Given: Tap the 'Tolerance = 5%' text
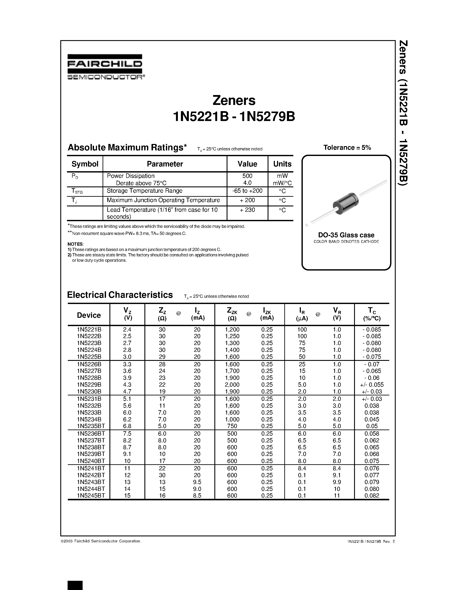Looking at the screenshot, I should [347, 148].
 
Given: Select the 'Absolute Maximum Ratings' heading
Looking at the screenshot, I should [127, 148].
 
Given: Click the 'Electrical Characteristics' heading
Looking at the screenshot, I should [120, 295].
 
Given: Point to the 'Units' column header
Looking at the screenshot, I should [282, 164].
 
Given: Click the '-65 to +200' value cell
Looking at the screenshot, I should [247, 191].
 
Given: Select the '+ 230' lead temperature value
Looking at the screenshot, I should [247, 210].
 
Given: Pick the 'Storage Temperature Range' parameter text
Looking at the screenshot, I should [145, 191].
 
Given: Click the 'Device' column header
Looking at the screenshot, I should [89, 315].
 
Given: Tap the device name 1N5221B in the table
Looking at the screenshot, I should [89, 330].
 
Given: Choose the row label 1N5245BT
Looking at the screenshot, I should [91, 495].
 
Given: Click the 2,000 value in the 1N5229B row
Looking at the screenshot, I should [232, 385].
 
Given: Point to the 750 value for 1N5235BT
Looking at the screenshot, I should [232, 426].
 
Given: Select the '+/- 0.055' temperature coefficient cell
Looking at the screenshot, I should [372, 385].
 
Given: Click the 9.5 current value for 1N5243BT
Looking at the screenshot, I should [197, 482].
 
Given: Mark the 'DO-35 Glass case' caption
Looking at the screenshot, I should [346, 235].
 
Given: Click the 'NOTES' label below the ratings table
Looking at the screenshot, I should [75, 244].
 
